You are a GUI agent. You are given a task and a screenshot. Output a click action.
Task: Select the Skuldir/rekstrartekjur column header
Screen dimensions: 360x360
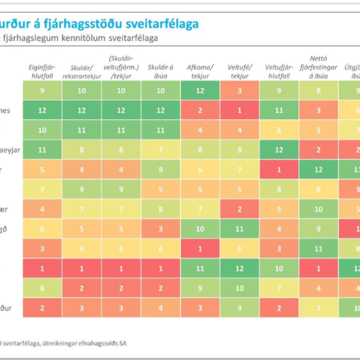pos(82,72)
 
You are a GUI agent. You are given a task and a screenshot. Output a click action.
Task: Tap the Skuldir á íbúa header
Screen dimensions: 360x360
pos(160,72)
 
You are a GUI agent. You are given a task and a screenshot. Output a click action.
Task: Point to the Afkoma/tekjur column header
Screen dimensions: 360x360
pos(200,72)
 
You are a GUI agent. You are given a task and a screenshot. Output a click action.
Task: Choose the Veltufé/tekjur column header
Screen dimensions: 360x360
pos(239,72)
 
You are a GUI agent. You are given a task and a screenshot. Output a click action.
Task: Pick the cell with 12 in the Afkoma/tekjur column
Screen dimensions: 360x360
pos(200,90)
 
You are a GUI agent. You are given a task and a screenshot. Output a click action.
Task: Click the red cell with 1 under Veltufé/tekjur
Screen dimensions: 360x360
pos(239,111)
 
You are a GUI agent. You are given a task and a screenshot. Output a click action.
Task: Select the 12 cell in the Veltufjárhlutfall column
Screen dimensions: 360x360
pos(278,150)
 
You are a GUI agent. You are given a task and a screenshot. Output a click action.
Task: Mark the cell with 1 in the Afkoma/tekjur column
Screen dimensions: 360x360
pos(200,248)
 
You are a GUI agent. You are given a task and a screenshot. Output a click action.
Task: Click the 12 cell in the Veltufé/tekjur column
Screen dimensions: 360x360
pos(239,268)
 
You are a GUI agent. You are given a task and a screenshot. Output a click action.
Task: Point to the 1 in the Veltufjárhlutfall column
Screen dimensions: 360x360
pos(278,170)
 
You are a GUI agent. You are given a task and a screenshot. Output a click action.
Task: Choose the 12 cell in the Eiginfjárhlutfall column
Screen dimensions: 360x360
pos(42,111)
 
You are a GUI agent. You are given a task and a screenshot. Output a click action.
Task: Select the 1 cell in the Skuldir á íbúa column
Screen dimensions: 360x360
pos(160,268)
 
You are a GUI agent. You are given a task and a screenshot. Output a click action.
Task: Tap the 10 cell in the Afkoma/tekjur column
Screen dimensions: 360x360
pos(200,229)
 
